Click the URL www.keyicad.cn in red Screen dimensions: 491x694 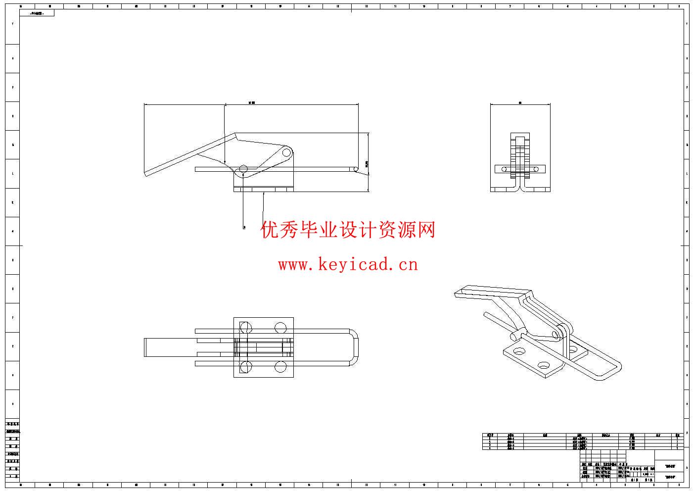point(348,264)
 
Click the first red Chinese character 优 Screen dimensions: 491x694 point(271,230)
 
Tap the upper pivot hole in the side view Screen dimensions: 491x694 point(286,153)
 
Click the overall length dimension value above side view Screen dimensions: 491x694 point(252,102)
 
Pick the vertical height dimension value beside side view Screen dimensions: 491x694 point(367,163)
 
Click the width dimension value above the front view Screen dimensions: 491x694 point(520,102)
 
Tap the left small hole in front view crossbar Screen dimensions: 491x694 point(505,169)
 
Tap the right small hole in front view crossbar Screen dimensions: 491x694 point(535,169)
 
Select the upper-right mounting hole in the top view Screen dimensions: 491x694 point(280,328)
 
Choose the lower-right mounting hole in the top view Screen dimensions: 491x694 point(280,367)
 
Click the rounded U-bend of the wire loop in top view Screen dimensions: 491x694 point(355,347)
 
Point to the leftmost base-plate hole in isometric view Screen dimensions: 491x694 point(519,351)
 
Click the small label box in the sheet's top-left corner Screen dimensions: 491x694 point(37,13)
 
